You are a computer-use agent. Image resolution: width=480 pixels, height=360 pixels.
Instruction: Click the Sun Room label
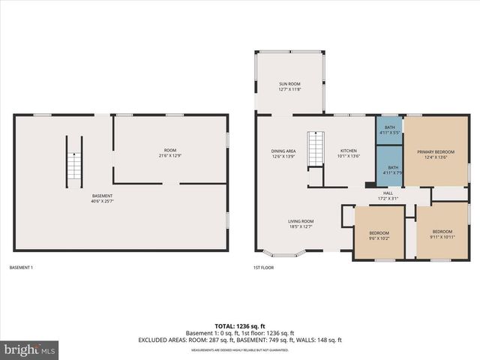point(289,86)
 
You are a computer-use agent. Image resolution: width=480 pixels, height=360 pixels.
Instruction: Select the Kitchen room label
point(349,154)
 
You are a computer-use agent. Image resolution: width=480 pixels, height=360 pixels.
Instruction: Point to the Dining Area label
point(283,154)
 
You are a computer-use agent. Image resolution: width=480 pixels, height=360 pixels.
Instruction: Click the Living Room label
point(301,223)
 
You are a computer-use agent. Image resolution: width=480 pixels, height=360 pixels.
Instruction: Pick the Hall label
point(388,195)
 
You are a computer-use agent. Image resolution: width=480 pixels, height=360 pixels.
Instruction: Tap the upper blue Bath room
point(389,130)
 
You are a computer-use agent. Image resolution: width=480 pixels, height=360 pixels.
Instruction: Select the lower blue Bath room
point(389,170)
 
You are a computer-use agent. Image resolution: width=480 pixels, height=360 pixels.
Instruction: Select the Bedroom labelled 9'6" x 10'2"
point(379,236)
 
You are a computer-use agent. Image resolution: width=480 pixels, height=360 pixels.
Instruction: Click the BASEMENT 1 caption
point(21,268)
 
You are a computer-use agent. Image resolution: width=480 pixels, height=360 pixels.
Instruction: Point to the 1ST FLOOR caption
point(262,268)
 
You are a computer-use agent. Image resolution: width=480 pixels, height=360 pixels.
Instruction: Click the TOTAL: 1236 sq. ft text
point(239,326)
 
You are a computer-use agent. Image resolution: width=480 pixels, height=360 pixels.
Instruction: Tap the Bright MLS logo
point(30,349)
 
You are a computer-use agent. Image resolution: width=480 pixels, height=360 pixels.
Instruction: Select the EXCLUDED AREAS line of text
point(239,340)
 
